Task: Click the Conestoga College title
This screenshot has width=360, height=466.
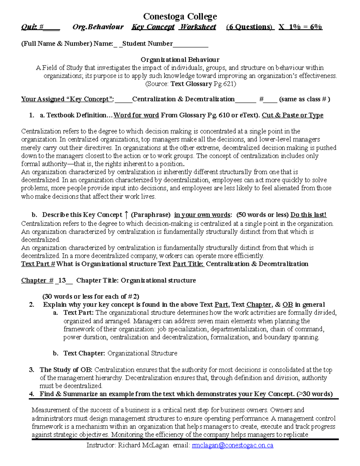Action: (180, 16)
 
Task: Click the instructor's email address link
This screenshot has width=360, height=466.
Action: (232, 445)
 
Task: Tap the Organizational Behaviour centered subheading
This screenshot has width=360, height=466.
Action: (180, 60)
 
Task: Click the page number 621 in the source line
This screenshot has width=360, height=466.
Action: (228, 84)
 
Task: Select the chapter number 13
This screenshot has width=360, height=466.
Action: (62, 281)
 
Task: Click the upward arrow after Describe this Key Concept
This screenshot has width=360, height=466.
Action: (126, 215)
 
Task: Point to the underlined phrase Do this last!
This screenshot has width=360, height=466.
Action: (308, 215)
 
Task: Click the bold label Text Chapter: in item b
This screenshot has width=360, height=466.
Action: (84, 353)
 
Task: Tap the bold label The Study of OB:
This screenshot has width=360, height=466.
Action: (66, 370)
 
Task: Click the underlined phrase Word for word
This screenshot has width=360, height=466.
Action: (136, 115)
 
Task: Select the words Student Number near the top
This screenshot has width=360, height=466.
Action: (147, 44)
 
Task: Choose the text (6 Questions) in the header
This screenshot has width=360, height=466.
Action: (250, 27)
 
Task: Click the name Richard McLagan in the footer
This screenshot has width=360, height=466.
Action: (143, 445)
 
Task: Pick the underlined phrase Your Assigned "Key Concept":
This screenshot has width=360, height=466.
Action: (67, 99)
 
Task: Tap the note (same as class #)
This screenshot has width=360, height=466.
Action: (304, 99)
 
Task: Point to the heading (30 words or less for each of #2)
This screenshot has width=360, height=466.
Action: (91, 296)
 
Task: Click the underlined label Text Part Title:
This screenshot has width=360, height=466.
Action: (188, 264)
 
